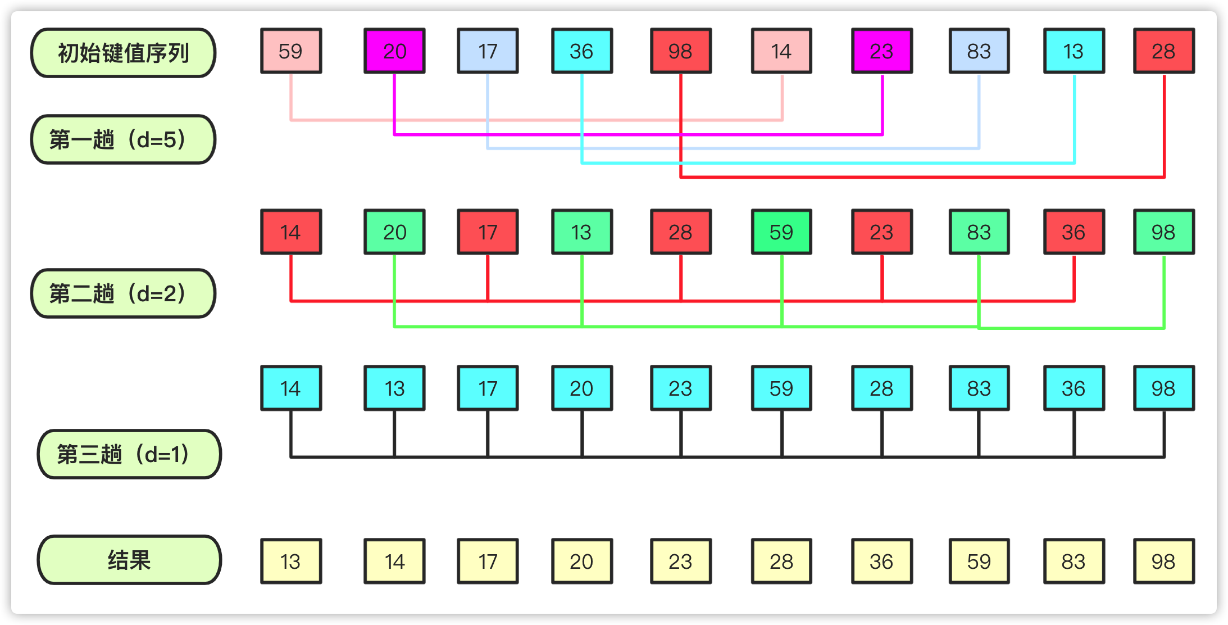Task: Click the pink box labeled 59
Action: tap(291, 51)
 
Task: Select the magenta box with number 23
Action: tap(882, 51)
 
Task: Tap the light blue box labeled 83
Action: tap(979, 51)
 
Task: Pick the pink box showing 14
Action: tap(781, 51)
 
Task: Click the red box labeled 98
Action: tap(681, 51)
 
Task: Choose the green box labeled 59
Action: tap(781, 232)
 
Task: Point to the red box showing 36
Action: tap(1074, 232)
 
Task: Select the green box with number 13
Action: tap(582, 232)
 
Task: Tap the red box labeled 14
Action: tap(291, 232)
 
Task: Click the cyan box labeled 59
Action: tap(781, 388)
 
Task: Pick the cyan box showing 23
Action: tap(681, 388)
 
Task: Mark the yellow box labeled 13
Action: tap(291, 561)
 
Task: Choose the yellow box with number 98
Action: tap(1164, 561)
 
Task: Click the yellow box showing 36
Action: tap(882, 561)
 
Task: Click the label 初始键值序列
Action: tap(123, 53)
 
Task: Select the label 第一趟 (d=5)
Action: tap(123, 139)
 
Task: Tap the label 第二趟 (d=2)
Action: tap(123, 293)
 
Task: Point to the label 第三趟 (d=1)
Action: tap(129, 454)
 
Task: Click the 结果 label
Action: tap(129, 560)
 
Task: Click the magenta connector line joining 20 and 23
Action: tap(638, 134)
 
